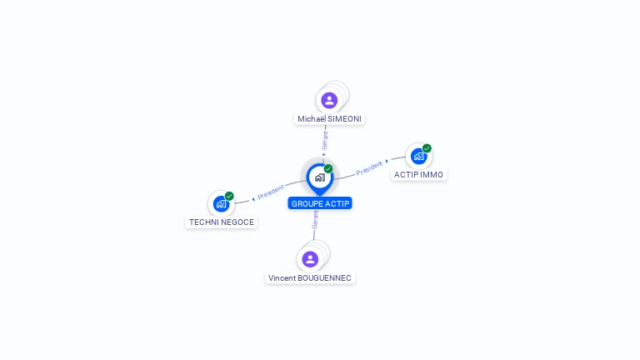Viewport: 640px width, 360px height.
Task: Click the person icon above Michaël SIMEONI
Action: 329,100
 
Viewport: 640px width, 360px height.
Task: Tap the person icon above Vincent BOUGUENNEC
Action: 310,259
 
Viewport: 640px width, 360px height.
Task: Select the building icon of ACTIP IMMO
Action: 418,156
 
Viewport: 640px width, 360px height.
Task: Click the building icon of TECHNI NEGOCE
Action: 221,203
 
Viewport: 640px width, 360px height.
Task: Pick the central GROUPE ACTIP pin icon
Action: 319,177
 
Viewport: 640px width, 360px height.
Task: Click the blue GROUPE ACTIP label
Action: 321,203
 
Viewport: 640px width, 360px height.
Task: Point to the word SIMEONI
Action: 344,119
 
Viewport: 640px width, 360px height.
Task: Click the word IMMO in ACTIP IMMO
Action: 432,175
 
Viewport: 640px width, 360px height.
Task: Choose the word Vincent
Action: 282,277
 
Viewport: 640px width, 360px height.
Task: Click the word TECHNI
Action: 203,222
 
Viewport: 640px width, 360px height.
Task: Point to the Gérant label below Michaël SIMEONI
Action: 325,140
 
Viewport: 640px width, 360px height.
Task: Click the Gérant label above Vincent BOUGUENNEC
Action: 315,219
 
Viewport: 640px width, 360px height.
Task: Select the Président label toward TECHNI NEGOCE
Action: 272,192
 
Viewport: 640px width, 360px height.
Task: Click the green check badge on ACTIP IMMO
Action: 427,148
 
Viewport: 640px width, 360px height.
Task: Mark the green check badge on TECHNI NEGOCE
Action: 229,196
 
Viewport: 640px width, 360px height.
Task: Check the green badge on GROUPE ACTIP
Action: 328,168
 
